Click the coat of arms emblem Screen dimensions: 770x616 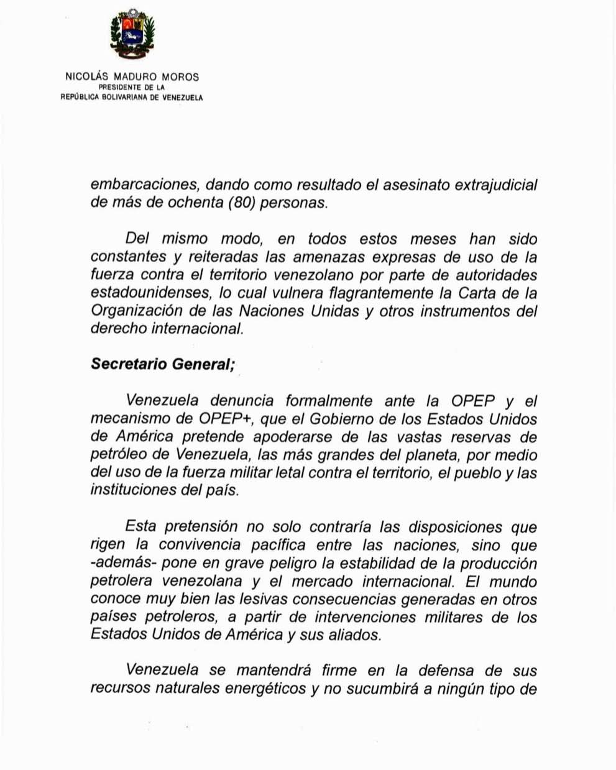click(x=132, y=36)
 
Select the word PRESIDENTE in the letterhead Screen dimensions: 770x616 click(x=119, y=88)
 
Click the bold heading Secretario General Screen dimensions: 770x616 click(x=162, y=364)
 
